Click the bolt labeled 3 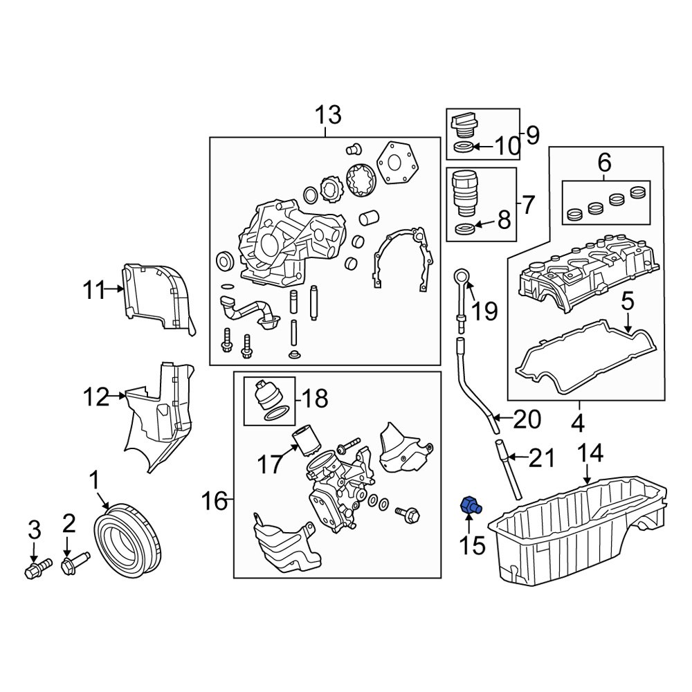35,570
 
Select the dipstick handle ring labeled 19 462,279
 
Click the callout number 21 542,457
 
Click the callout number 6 603,163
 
